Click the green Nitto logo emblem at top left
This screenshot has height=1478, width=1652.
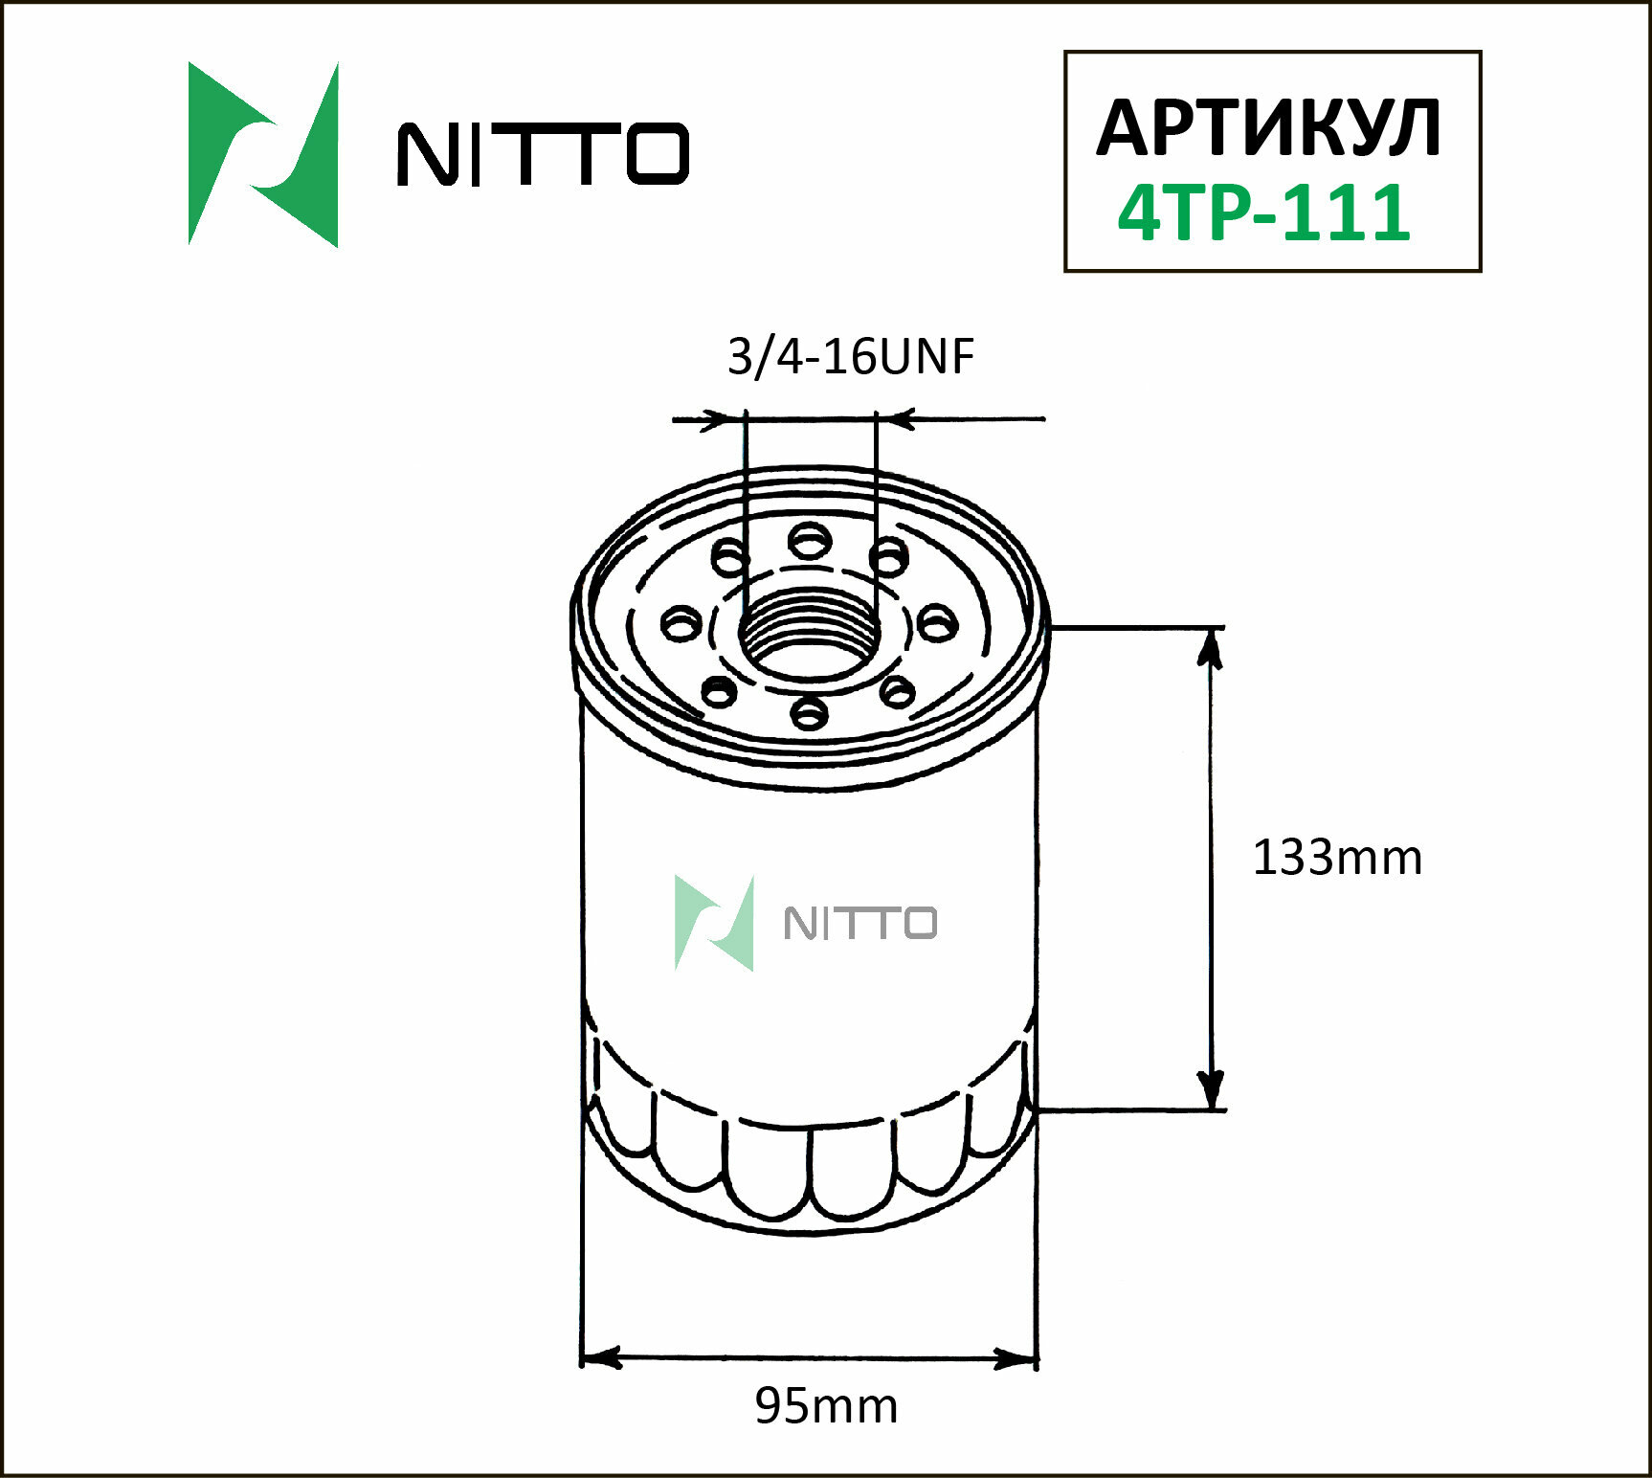coord(263,155)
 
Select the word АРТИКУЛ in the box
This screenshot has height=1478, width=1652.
coord(1268,128)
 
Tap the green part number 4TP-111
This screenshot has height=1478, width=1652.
coord(1264,213)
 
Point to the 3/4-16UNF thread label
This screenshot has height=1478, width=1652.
coord(850,357)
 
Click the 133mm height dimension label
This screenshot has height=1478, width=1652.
coord(1336,858)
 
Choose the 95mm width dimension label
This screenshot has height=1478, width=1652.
coord(826,1406)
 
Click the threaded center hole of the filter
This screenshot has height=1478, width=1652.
coord(810,637)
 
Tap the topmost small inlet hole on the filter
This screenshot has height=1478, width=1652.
coord(810,542)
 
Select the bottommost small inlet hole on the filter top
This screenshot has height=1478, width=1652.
coord(810,712)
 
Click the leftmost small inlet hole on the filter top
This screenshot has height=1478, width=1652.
coord(681,624)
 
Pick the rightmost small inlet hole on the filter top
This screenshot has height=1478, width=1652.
coord(937,624)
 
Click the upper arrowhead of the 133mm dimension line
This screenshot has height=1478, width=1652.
coord(1211,647)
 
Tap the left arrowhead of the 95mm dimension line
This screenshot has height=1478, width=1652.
coord(601,1357)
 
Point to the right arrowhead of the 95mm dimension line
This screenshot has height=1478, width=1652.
coord(1016,1357)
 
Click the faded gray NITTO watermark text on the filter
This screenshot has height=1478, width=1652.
coord(859,923)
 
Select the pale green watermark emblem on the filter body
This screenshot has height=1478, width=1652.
coord(714,923)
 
